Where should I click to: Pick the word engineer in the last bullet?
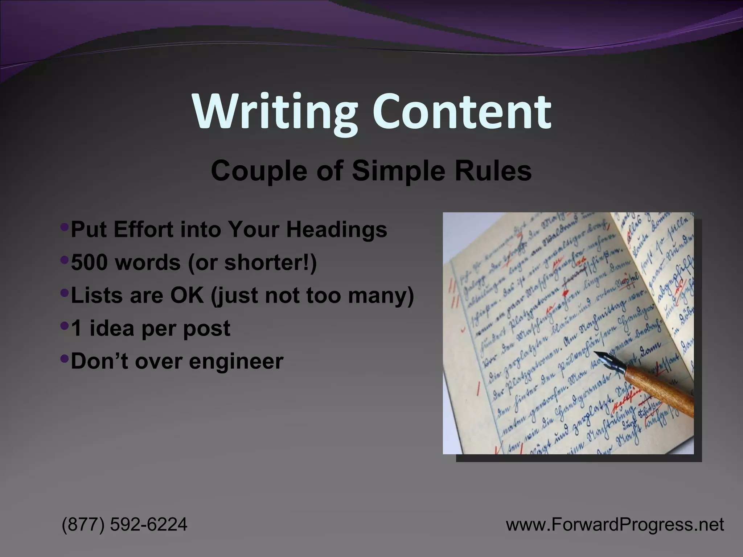236,361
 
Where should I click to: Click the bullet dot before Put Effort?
65,227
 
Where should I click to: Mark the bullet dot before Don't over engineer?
65,359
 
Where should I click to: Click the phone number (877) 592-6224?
125,524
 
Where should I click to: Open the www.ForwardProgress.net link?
615,524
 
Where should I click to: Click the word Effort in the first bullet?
143,230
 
